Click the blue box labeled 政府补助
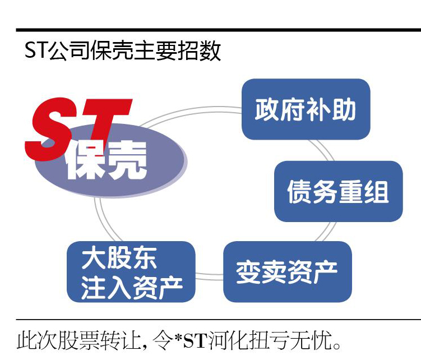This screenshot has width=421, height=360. [306, 109]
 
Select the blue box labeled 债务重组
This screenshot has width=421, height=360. [338, 191]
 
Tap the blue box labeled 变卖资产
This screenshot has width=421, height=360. [288, 271]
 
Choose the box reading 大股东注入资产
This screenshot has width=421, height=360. [131, 271]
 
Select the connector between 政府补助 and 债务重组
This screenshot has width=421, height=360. [322, 150]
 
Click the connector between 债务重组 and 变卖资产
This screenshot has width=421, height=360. [325, 232]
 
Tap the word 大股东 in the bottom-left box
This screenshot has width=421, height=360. [119, 257]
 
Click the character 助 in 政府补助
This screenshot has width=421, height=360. [344, 109]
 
